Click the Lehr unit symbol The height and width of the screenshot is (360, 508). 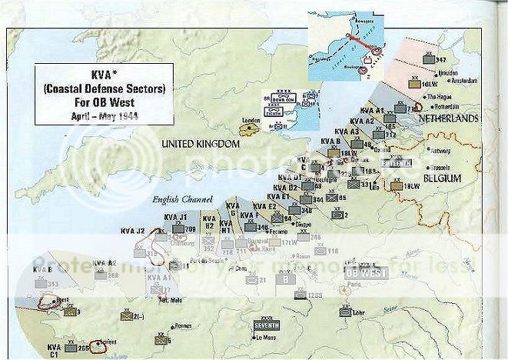347,311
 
